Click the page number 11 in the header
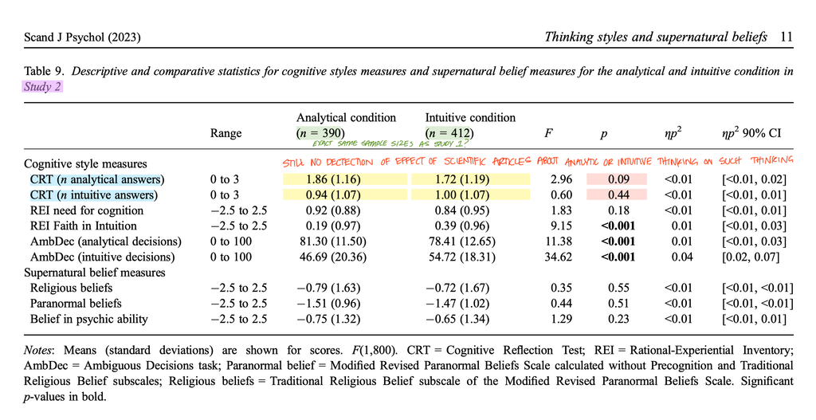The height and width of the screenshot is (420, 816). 787,37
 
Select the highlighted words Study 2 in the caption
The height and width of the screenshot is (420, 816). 43,87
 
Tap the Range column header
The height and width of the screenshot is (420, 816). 226,133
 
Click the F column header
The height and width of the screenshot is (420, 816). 548,133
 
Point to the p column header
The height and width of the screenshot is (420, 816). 604,134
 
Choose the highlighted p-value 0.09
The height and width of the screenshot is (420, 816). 618,179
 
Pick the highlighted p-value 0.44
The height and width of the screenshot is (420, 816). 618,195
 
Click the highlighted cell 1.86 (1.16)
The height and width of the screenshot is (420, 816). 333,179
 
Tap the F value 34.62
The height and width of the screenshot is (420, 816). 558,257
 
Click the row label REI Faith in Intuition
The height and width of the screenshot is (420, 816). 83,226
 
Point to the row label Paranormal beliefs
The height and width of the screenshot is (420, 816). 76,304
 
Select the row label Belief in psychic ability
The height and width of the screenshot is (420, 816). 89,319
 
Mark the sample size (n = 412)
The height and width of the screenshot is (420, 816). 449,133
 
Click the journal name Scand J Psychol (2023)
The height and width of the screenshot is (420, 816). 82,37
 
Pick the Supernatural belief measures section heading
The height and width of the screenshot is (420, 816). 95,273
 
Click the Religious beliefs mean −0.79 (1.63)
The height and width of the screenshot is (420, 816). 328,288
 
